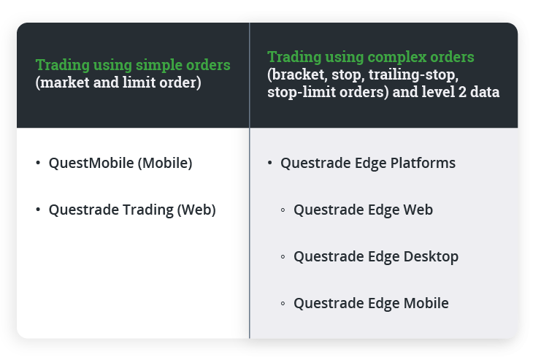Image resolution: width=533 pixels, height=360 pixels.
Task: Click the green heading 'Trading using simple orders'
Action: point(133,64)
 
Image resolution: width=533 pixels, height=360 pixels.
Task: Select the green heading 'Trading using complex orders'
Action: point(370,57)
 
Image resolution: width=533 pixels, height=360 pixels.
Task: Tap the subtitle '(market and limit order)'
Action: point(118,83)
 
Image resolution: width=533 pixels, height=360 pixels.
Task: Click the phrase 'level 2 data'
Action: point(464,93)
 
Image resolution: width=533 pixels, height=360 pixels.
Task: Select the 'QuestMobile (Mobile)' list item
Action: point(120,163)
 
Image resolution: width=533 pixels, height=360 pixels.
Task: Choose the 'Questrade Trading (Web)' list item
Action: point(132,210)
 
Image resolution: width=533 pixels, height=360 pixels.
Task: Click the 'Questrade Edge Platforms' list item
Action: point(367,163)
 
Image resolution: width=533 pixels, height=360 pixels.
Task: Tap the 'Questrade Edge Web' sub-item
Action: point(363,210)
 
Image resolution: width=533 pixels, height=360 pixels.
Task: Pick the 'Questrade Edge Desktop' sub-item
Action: point(376,256)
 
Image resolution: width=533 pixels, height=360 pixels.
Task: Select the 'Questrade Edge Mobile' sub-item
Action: point(371,303)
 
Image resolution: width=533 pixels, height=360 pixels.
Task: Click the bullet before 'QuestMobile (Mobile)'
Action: point(38,163)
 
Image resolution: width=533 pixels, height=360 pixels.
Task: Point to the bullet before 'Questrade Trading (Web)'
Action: point(38,210)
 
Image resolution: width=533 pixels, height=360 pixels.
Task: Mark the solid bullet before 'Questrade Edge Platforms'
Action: point(269,163)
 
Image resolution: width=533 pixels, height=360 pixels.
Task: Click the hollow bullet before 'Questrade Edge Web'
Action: point(283,210)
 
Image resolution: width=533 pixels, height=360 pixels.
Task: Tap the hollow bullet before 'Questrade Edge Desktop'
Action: point(283,257)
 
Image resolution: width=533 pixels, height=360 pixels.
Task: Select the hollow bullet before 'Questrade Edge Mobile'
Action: point(283,304)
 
